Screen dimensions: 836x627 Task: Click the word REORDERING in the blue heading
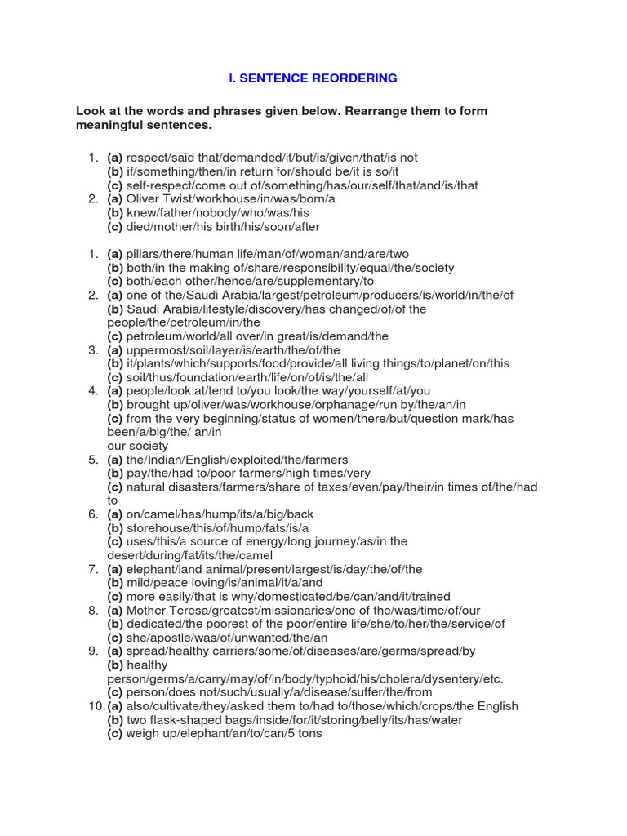(x=354, y=78)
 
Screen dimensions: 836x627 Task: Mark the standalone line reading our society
(x=137, y=446)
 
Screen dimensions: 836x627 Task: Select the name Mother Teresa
(x=163, y=610)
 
